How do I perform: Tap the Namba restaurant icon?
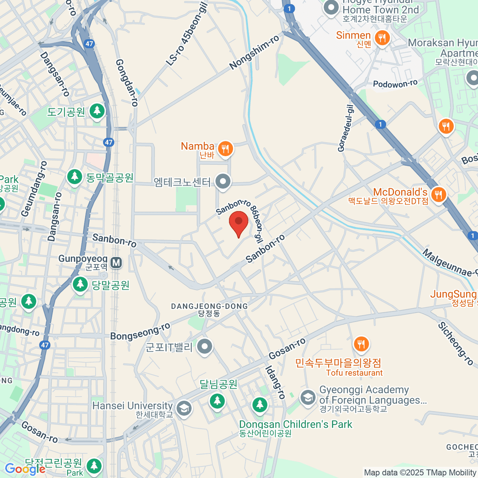[x=225, y=149]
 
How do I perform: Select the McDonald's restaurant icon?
[x=438, y=194]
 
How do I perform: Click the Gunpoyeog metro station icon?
[x=116, y=263]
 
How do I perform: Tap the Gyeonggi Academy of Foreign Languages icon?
[x=308, y=397]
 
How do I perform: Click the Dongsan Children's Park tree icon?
[x=260, y=405]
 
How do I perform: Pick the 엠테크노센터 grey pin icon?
[x=223, y=182]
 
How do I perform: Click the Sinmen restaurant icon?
[x=382, y=38]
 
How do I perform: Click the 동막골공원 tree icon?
[x=74, y=176]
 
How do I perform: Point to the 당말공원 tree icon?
[x=80, y=284]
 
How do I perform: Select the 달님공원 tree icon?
[x=217, y=400]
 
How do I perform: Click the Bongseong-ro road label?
[x=140, y=331]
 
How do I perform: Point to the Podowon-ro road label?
[x=395, y=84]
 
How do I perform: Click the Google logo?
[x=25, y=469]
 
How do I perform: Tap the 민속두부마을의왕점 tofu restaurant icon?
[x=361, y=344]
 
